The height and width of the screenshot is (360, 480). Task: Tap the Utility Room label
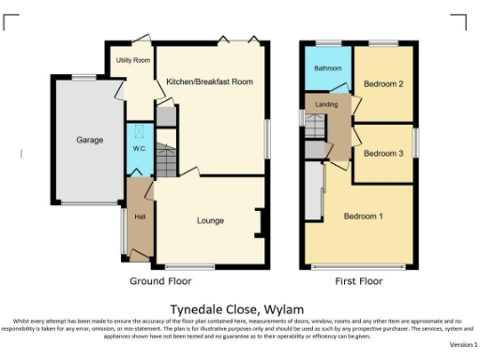coord(132,60)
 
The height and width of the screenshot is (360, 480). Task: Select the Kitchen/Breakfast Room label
coord(209,82)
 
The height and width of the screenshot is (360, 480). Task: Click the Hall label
coord(140,217)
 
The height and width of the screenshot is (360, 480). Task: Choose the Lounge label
coord(209,220)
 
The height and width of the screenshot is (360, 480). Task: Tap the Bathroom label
coord(327,68)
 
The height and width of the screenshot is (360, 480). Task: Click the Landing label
coord(326,103)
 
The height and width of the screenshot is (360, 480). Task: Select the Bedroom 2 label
coord(382,84)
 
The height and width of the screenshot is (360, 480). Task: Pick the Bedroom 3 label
coord(382,153)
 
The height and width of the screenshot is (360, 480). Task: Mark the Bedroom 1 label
coord(362,216)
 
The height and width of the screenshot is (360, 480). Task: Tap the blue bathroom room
coord(327,80)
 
